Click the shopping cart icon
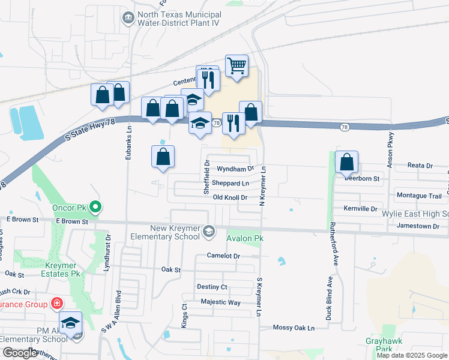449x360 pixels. coord(237,65)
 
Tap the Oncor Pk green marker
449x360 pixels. coord(95,208)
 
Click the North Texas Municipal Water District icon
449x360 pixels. coord(128,18)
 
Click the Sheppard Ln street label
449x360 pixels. coord(230,183)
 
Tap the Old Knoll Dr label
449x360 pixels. coord(230,197)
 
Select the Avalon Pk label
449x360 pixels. coord(244,238)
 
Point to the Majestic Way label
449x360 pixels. coord(220,302)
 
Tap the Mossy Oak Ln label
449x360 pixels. coord(294,328)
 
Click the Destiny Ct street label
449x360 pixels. coord(212,287)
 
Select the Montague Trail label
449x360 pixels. coord(419,196)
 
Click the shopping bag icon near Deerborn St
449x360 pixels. coord(346,162)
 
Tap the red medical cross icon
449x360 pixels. coord(56,304)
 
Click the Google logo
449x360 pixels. coord(19,352)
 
